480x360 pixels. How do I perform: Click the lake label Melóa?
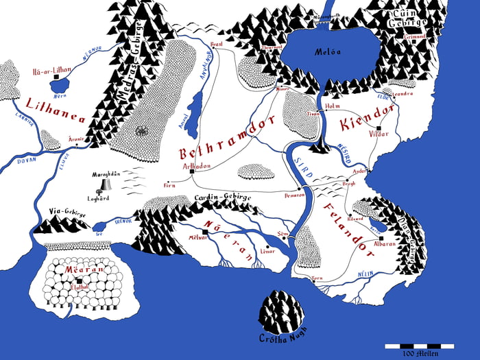tap(326, 51)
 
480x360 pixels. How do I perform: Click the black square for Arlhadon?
tap(192, 171)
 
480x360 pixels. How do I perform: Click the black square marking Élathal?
tap(80, 280)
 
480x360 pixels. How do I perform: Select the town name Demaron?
tap(293, 195)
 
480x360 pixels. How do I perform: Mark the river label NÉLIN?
tap(365, 274)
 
